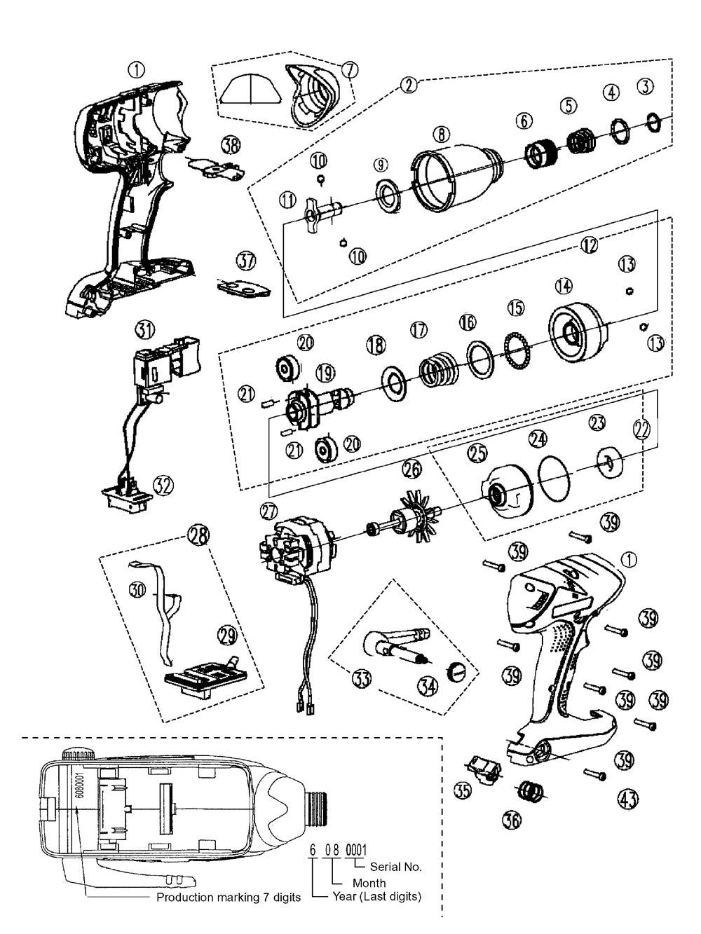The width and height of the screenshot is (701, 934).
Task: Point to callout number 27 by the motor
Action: point(269,511)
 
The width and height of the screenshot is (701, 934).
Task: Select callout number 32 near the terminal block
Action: point(163,486)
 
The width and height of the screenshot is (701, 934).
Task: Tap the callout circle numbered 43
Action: point(628,798)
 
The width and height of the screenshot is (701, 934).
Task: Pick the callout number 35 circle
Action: point(463,791)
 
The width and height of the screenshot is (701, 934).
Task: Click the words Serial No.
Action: point(395,867)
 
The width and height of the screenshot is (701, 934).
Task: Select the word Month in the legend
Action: point(369,883)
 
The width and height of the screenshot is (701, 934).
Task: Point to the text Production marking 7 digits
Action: point(229,898)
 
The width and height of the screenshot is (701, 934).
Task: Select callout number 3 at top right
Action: point(645,86)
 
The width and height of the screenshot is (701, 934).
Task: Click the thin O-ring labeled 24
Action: point(554,476)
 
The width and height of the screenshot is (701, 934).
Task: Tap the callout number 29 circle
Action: point(227,636)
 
